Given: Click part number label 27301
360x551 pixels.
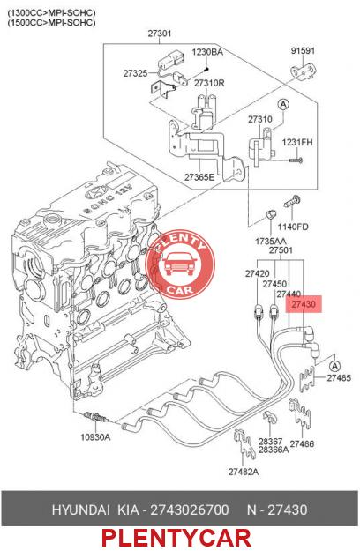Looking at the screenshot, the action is pyautogui.click(x=159, y=34).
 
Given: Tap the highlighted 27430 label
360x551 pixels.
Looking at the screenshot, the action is pyautogui.click(x=304, y=304).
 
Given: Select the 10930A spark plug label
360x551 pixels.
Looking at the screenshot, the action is pyautogui.click(x=95, y=437).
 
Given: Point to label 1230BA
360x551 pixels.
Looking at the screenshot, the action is pyautogui.click(x=207, y=52).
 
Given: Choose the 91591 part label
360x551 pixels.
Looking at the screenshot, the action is pyautogui.click(x=303, y=50).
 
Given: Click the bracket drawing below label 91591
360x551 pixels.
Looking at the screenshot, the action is pyautogui.click(x=303, y=72).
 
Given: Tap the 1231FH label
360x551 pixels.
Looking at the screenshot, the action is pyautogui.click(x=297, y=143).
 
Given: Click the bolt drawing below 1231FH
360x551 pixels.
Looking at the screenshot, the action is pyautogui.click(x=296, y=160).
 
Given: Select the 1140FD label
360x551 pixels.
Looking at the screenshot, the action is pyautogui.click(x=293, y=227).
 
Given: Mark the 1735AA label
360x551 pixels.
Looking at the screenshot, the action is pyautogui.click(x=270, y=242).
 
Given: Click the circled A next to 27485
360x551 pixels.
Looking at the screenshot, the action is pyautogui.click(x=335, y=366).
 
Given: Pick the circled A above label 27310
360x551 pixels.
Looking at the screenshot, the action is pyautogui.click(x=283, y=104).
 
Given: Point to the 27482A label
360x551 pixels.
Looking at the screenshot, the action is pyautogui.click(x=244, y=472).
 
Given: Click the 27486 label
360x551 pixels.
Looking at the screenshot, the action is pyautogui.click(x=302, y=443).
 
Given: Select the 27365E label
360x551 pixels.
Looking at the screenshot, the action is pyautogui.click(x=199, y=177).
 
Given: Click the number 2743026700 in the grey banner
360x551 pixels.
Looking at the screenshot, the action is pyautogui.click(x=190, y=510).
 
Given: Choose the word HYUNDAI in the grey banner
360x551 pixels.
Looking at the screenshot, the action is pyautogui.click(x=81, y=510).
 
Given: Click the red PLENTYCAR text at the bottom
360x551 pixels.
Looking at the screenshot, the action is pyautogui.click(x=176, y=538).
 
